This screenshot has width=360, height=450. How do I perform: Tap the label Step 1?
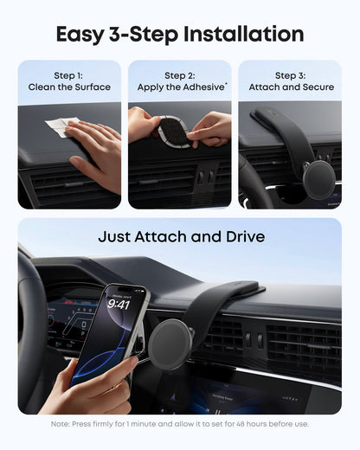[x=69, y=75]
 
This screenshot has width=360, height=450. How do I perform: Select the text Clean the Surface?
[x=69, y=87]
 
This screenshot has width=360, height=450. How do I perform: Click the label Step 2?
[x=180, y=75]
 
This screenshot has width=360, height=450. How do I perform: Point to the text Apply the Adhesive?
[x=179, y=87]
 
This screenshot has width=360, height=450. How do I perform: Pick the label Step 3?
[x=290, y=75]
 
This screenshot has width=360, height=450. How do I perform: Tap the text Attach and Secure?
[x=290, y=87]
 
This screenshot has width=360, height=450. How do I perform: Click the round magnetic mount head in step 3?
[x=318, y=180]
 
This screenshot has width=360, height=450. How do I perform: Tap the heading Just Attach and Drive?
[x=180, y=236]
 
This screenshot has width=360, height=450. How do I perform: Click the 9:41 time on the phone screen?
[x=119, y=304]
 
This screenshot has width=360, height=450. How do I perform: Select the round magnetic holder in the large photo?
[x=169, y=343]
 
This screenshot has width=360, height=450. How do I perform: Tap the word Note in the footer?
[x=61, y=424]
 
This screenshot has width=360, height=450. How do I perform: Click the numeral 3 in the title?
[x=132, y=35]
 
